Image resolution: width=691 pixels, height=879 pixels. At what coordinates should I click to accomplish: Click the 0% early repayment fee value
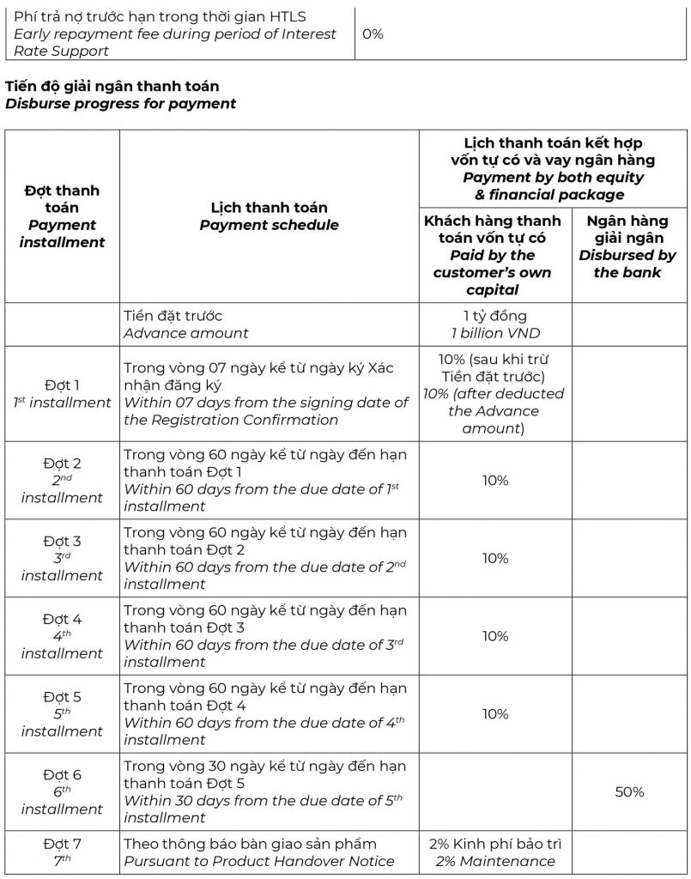pos(373,34)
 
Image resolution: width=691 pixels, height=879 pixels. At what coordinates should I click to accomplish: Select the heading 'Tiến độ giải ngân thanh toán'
pos(112,87)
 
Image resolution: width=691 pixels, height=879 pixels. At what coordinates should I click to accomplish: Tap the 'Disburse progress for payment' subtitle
pos(120,104)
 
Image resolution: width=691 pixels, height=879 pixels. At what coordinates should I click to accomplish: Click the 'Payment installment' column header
pos(62,216)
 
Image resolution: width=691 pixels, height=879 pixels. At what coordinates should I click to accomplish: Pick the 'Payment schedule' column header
pos(269,216)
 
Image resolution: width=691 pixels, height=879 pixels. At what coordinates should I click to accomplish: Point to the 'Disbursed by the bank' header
pos(627,247)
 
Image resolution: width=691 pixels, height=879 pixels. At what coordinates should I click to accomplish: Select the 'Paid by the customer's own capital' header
pos(494,256)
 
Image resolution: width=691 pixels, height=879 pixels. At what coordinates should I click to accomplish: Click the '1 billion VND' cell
pos(494,333)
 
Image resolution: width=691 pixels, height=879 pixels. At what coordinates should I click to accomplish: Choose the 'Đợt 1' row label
pos(62,394)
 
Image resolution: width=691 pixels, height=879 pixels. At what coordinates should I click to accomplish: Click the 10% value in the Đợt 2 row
pos(494,481)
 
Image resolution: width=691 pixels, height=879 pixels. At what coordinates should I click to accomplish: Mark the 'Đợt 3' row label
pos(62,558)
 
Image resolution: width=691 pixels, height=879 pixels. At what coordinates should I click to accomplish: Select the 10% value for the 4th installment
pos(494,636)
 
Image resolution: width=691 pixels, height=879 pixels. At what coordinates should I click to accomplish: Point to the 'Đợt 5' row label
pos(62,714)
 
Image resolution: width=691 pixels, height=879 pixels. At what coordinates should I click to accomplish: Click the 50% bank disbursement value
pos(629,792)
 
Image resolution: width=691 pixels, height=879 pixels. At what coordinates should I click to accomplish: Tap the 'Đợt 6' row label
pos(62,791)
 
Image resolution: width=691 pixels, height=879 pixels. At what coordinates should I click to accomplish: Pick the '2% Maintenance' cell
pos(494,852)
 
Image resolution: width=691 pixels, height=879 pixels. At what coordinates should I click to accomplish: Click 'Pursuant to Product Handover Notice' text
pos(259,861)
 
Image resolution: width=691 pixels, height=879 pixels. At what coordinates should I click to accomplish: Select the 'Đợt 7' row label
pos(62,852)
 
